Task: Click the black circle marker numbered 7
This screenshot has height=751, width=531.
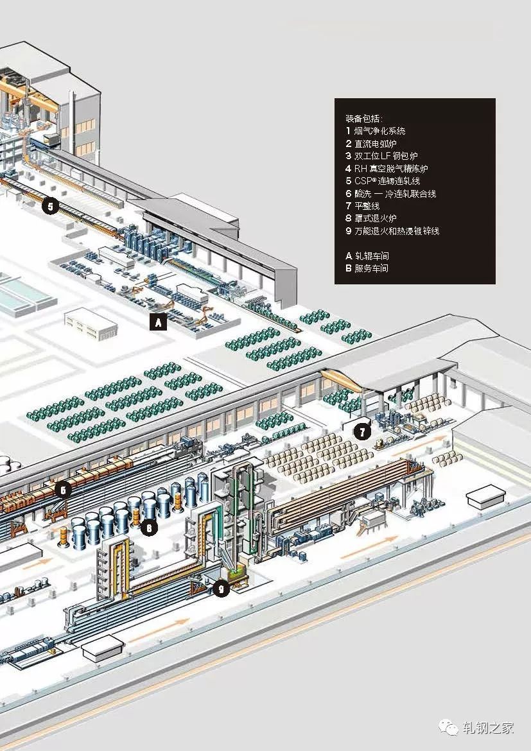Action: point(362,432)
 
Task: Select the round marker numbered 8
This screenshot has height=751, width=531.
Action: point(149,528)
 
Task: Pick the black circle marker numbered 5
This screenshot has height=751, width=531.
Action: point(51,207)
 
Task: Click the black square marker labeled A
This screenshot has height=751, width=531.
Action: point(158,323)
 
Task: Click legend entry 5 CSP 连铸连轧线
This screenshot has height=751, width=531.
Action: point(383,181)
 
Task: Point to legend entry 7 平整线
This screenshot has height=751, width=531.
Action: point(362,206)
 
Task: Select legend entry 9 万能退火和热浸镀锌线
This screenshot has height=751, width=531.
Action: point(392,231)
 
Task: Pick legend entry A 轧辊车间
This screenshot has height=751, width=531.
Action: point(367,256)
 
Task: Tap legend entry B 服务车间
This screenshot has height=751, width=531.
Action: point(367,268)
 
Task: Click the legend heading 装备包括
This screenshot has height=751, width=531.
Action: point(363,119)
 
